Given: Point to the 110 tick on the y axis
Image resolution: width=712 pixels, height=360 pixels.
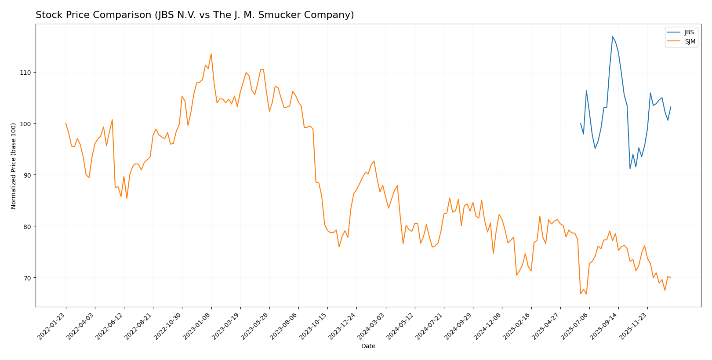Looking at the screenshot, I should (27, 72).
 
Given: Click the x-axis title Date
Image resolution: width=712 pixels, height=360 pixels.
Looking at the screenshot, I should (368, 346).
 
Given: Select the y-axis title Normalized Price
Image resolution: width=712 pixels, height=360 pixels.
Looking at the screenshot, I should (14, 166).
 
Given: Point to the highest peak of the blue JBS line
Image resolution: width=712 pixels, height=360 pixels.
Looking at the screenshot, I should (612, 36).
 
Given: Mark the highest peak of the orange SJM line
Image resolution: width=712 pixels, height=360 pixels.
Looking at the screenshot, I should (211, 54).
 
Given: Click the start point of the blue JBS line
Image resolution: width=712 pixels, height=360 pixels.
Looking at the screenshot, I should (581, 124).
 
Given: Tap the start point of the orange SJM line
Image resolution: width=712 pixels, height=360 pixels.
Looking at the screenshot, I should (66, 124).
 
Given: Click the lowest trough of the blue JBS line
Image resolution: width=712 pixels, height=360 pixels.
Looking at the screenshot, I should (630, 169).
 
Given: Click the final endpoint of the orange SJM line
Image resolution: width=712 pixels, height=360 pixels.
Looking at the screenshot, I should (671, 278).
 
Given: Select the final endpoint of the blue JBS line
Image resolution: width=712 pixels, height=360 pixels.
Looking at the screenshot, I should (671, 107).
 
